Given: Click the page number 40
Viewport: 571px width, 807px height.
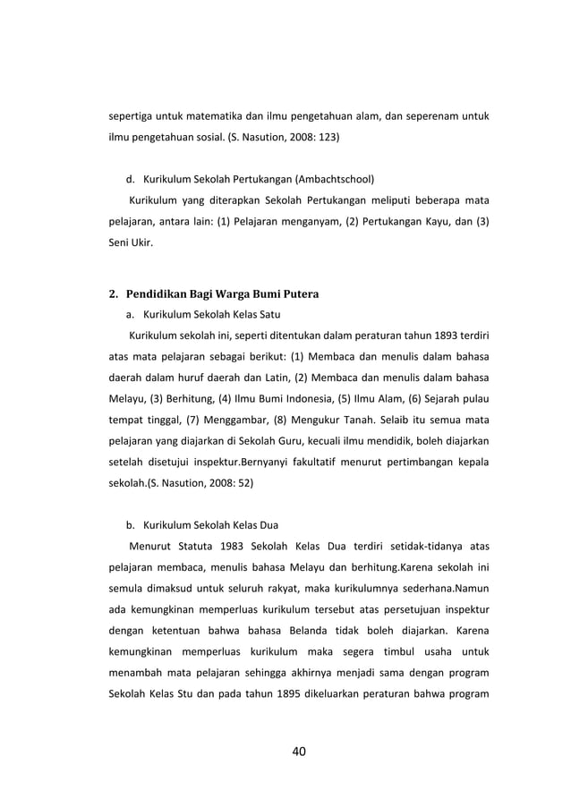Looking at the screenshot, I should pos(298,750).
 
